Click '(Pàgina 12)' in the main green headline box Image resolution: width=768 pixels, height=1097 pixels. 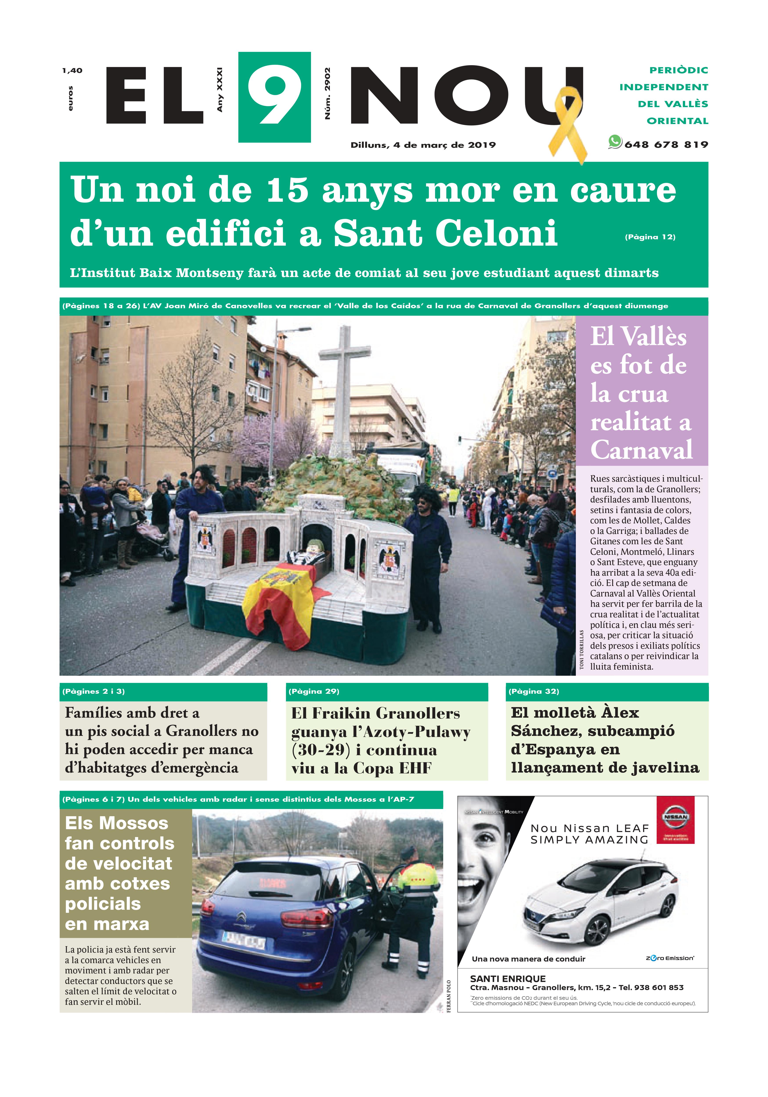point(650,237)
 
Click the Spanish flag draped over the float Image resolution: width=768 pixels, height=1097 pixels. point(282,602)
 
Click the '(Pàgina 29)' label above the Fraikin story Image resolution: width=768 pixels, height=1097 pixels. point(314,691)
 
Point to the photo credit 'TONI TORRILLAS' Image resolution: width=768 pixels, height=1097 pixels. point(582,650)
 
